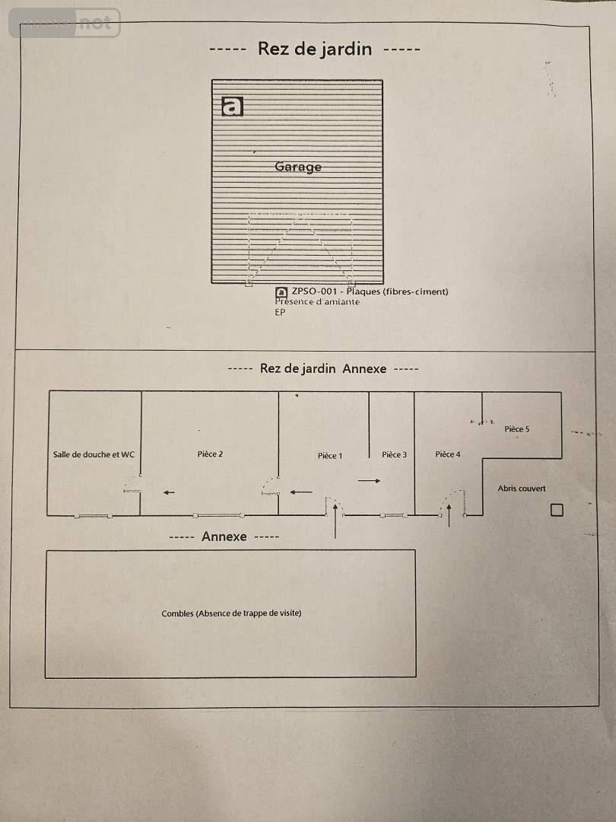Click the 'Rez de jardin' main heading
[x=315, y=49]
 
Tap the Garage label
[x=298, y=167]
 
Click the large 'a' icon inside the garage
[x=232, y=106]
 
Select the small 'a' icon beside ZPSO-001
[x=281, y=292]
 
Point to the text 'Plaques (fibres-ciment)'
[x=398, y=292]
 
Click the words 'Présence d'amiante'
[x=317, y=301]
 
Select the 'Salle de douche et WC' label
[x=94, y=454]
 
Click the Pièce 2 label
[x=210, y=454]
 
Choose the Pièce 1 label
[x=330, y=456]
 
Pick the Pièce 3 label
[x=395, y=454]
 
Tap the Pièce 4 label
[x=448, y=454]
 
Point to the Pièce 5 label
[x=517, y=429]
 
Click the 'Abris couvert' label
[x=522, y=488]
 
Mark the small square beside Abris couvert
[x=557, y=509]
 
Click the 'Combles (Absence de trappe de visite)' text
[x=231, y=613]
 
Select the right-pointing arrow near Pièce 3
[x=370, y=481]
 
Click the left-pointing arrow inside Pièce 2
[x=169, y=492]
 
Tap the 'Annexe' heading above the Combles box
[x=224, y=537]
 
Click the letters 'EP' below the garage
[x=280, y=312]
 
